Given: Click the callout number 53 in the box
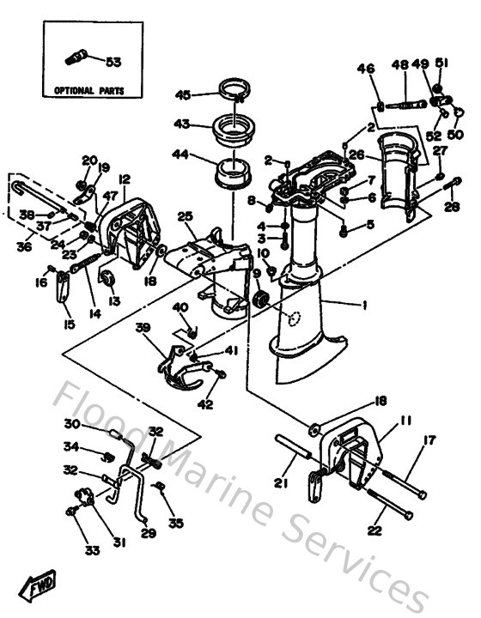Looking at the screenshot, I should (x=113, y=61).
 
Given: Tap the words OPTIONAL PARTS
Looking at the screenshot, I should (x=88, y=89).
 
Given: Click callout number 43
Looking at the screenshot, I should (x=182, y=124).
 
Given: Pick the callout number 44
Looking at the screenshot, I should (x=182, y=155).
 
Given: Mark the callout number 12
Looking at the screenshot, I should (x=124, y=179).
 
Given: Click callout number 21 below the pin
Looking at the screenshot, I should (x=279, y=484).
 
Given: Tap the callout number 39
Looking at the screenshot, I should (x=143, y=328).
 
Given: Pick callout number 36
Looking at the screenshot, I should (x=26, y=245).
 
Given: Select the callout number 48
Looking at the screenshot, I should (x=400, y=65).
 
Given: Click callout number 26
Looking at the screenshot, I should (x=358, y=156).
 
